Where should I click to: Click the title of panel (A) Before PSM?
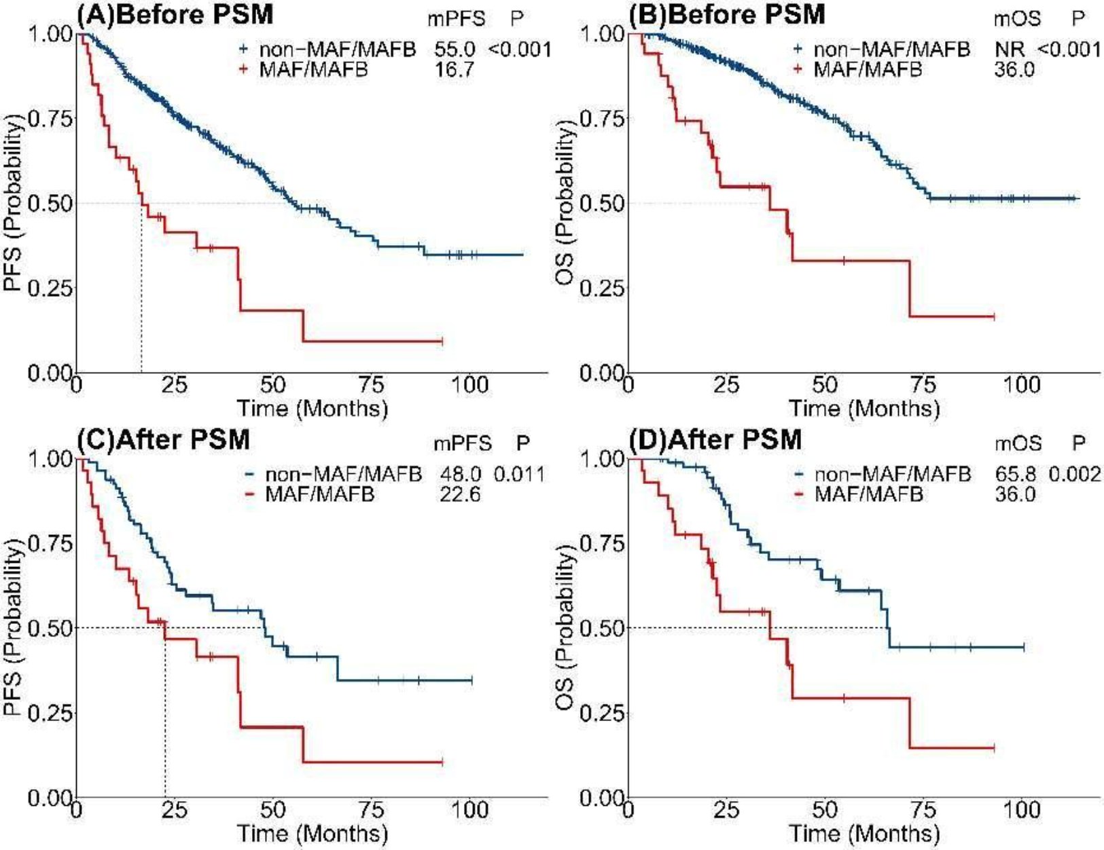pyautogui.click(x=175, y=15)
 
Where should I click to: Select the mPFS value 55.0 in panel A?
pyautogui.click(x=455, y=49)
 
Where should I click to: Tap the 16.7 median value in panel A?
pyautogui.click(x=455, y=69)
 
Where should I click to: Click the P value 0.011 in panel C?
pyautogui.click(x=519, y=474)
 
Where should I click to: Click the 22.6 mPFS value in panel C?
pyautogui.click(x=460, y=494)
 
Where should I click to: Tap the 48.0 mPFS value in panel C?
pyautogui.click(x=460, y=474)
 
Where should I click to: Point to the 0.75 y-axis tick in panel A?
pyautogui.click(x=50, y=119)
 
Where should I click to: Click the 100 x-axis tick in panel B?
pyautogui.click(x=1021, y=385)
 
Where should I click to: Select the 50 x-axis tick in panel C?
pyautogui.click(x=272, y=810)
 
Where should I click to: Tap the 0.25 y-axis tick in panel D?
pyautogui.click(x=602, y=713)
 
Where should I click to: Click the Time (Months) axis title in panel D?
pyautogui.click(x=863, y=833)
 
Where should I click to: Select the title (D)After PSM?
pyautogui.click(x=715, y=440)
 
